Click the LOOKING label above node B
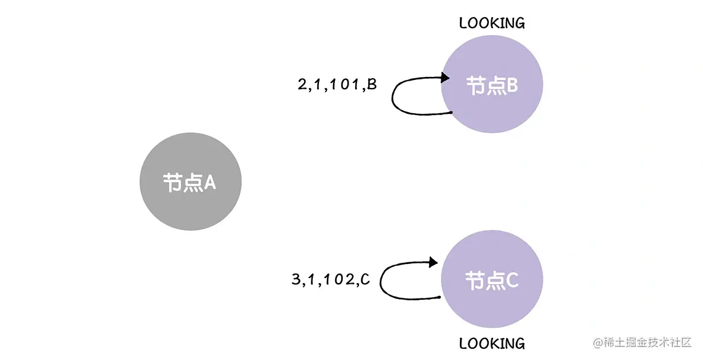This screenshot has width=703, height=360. pyautogui.click(x=492, y=23)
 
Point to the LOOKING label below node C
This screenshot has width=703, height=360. pyautogui.click(x=492, y=343)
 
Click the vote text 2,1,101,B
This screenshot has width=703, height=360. pyautogui.click(x=336, y=85)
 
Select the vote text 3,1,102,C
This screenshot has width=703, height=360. pyautogui.click(x=330, y=280)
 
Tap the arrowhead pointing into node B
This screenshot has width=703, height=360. pyautogui.click(x=445, y=78)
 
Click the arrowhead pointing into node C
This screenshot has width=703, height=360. pyautogui.click(x=435, y=262)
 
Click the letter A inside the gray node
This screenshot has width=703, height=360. pyautogui.click(x=209, y=183)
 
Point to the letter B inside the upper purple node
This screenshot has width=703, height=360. pyautogui.click(x=512, y=86)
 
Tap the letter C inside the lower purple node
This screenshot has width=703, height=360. pyautogui.click(x=512, y=281)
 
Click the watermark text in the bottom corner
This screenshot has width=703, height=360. pyautogui.click(x=643, y=342)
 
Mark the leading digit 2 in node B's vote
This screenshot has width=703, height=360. pyautogui.click(x=302, y=85)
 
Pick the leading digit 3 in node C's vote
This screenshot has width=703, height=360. pyautogui.click(x=295, y=280)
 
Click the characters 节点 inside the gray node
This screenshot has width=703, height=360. pyautogui.click(x=182, y=183)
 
